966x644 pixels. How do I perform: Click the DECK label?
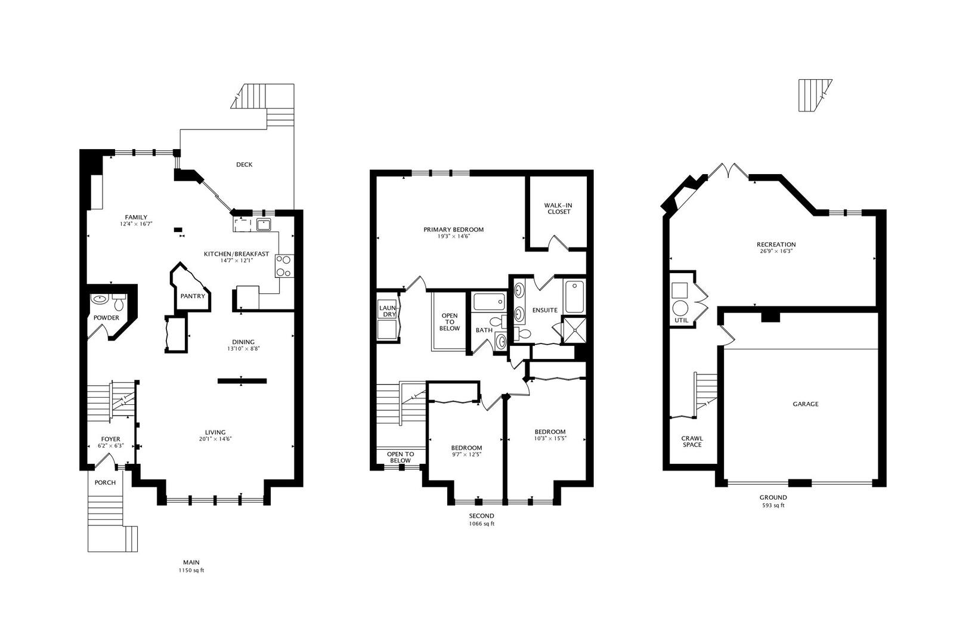coord(244,165)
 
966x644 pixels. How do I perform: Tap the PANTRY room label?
coord(193,296)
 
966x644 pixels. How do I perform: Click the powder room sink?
coord(98,299)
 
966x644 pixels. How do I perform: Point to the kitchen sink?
coord(263,224)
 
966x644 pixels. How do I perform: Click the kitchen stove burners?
coord(284,266)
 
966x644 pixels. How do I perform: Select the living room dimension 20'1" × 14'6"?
coord(215,439)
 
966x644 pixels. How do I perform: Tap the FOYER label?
coord(110,439)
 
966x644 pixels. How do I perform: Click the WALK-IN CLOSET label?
coord(557,208)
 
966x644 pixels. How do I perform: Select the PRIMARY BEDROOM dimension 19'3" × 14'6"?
coord(453,237)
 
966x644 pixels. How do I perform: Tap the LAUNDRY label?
coord(388,311)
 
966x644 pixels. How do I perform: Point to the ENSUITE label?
coord(544,310)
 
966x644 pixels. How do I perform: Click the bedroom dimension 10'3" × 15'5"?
coord(550,439)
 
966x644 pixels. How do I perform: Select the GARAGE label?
coord(805,404)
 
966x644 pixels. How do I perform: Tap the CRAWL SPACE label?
coord(692,441)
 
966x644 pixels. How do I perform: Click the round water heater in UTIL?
coord(680,308)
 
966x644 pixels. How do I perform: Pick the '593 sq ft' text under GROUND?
coord(773,506)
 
